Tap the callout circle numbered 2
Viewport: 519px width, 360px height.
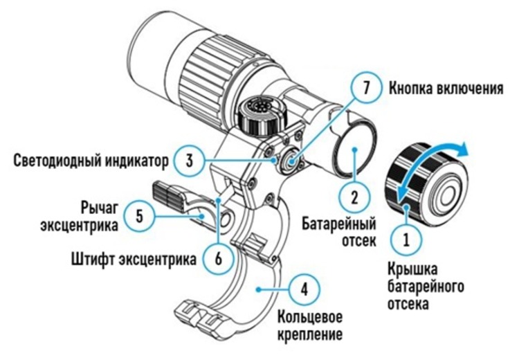pos(354,196)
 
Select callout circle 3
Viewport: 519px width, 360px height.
pos(188,161)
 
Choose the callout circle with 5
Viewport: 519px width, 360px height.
pos(140,216)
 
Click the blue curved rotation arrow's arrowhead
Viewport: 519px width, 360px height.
pos(462,149)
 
